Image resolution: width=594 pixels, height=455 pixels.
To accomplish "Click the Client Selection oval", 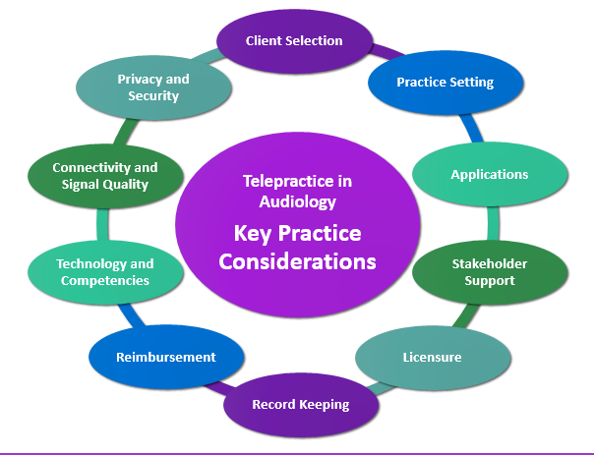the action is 294,41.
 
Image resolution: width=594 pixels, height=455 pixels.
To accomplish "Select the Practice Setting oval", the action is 445,83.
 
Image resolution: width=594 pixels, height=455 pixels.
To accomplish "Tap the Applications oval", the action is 490,175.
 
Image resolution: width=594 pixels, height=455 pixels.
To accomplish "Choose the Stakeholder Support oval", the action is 490,272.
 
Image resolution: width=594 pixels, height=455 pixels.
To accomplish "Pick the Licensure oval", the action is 433,358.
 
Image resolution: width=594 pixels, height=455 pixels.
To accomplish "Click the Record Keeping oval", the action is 301,405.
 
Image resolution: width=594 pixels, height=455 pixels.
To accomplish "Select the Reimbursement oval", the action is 166,357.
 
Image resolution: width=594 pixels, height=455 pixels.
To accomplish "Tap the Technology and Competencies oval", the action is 105,272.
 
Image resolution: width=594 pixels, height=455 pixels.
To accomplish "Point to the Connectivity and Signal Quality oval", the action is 105,176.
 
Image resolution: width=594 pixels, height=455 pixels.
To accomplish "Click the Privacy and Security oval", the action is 153,87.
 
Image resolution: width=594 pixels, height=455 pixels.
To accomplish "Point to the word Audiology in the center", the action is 297,201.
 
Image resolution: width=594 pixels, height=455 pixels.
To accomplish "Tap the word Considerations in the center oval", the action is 297,261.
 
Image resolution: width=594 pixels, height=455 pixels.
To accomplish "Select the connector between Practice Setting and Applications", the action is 472,129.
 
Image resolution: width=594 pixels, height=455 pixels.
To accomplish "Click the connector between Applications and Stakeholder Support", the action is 493,223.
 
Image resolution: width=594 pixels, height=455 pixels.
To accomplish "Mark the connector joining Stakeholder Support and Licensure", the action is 466,315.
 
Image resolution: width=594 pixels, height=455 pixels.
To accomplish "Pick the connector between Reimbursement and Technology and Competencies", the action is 131,314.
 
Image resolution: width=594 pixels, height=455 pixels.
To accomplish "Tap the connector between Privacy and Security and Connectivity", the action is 126,132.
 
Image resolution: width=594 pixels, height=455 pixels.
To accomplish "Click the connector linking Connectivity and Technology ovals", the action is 102,224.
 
